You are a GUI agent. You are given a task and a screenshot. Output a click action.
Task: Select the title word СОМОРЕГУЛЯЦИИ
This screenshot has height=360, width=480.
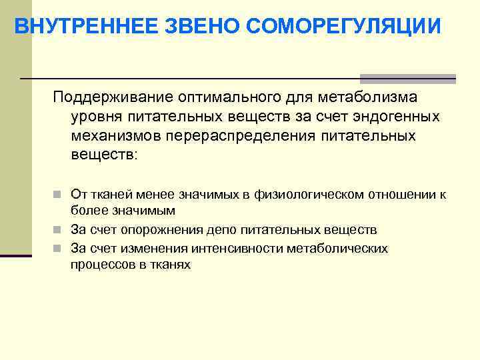tap(343, 26)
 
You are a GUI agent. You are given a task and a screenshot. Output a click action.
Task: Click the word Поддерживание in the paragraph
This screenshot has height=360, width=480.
tap(113, 98)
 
